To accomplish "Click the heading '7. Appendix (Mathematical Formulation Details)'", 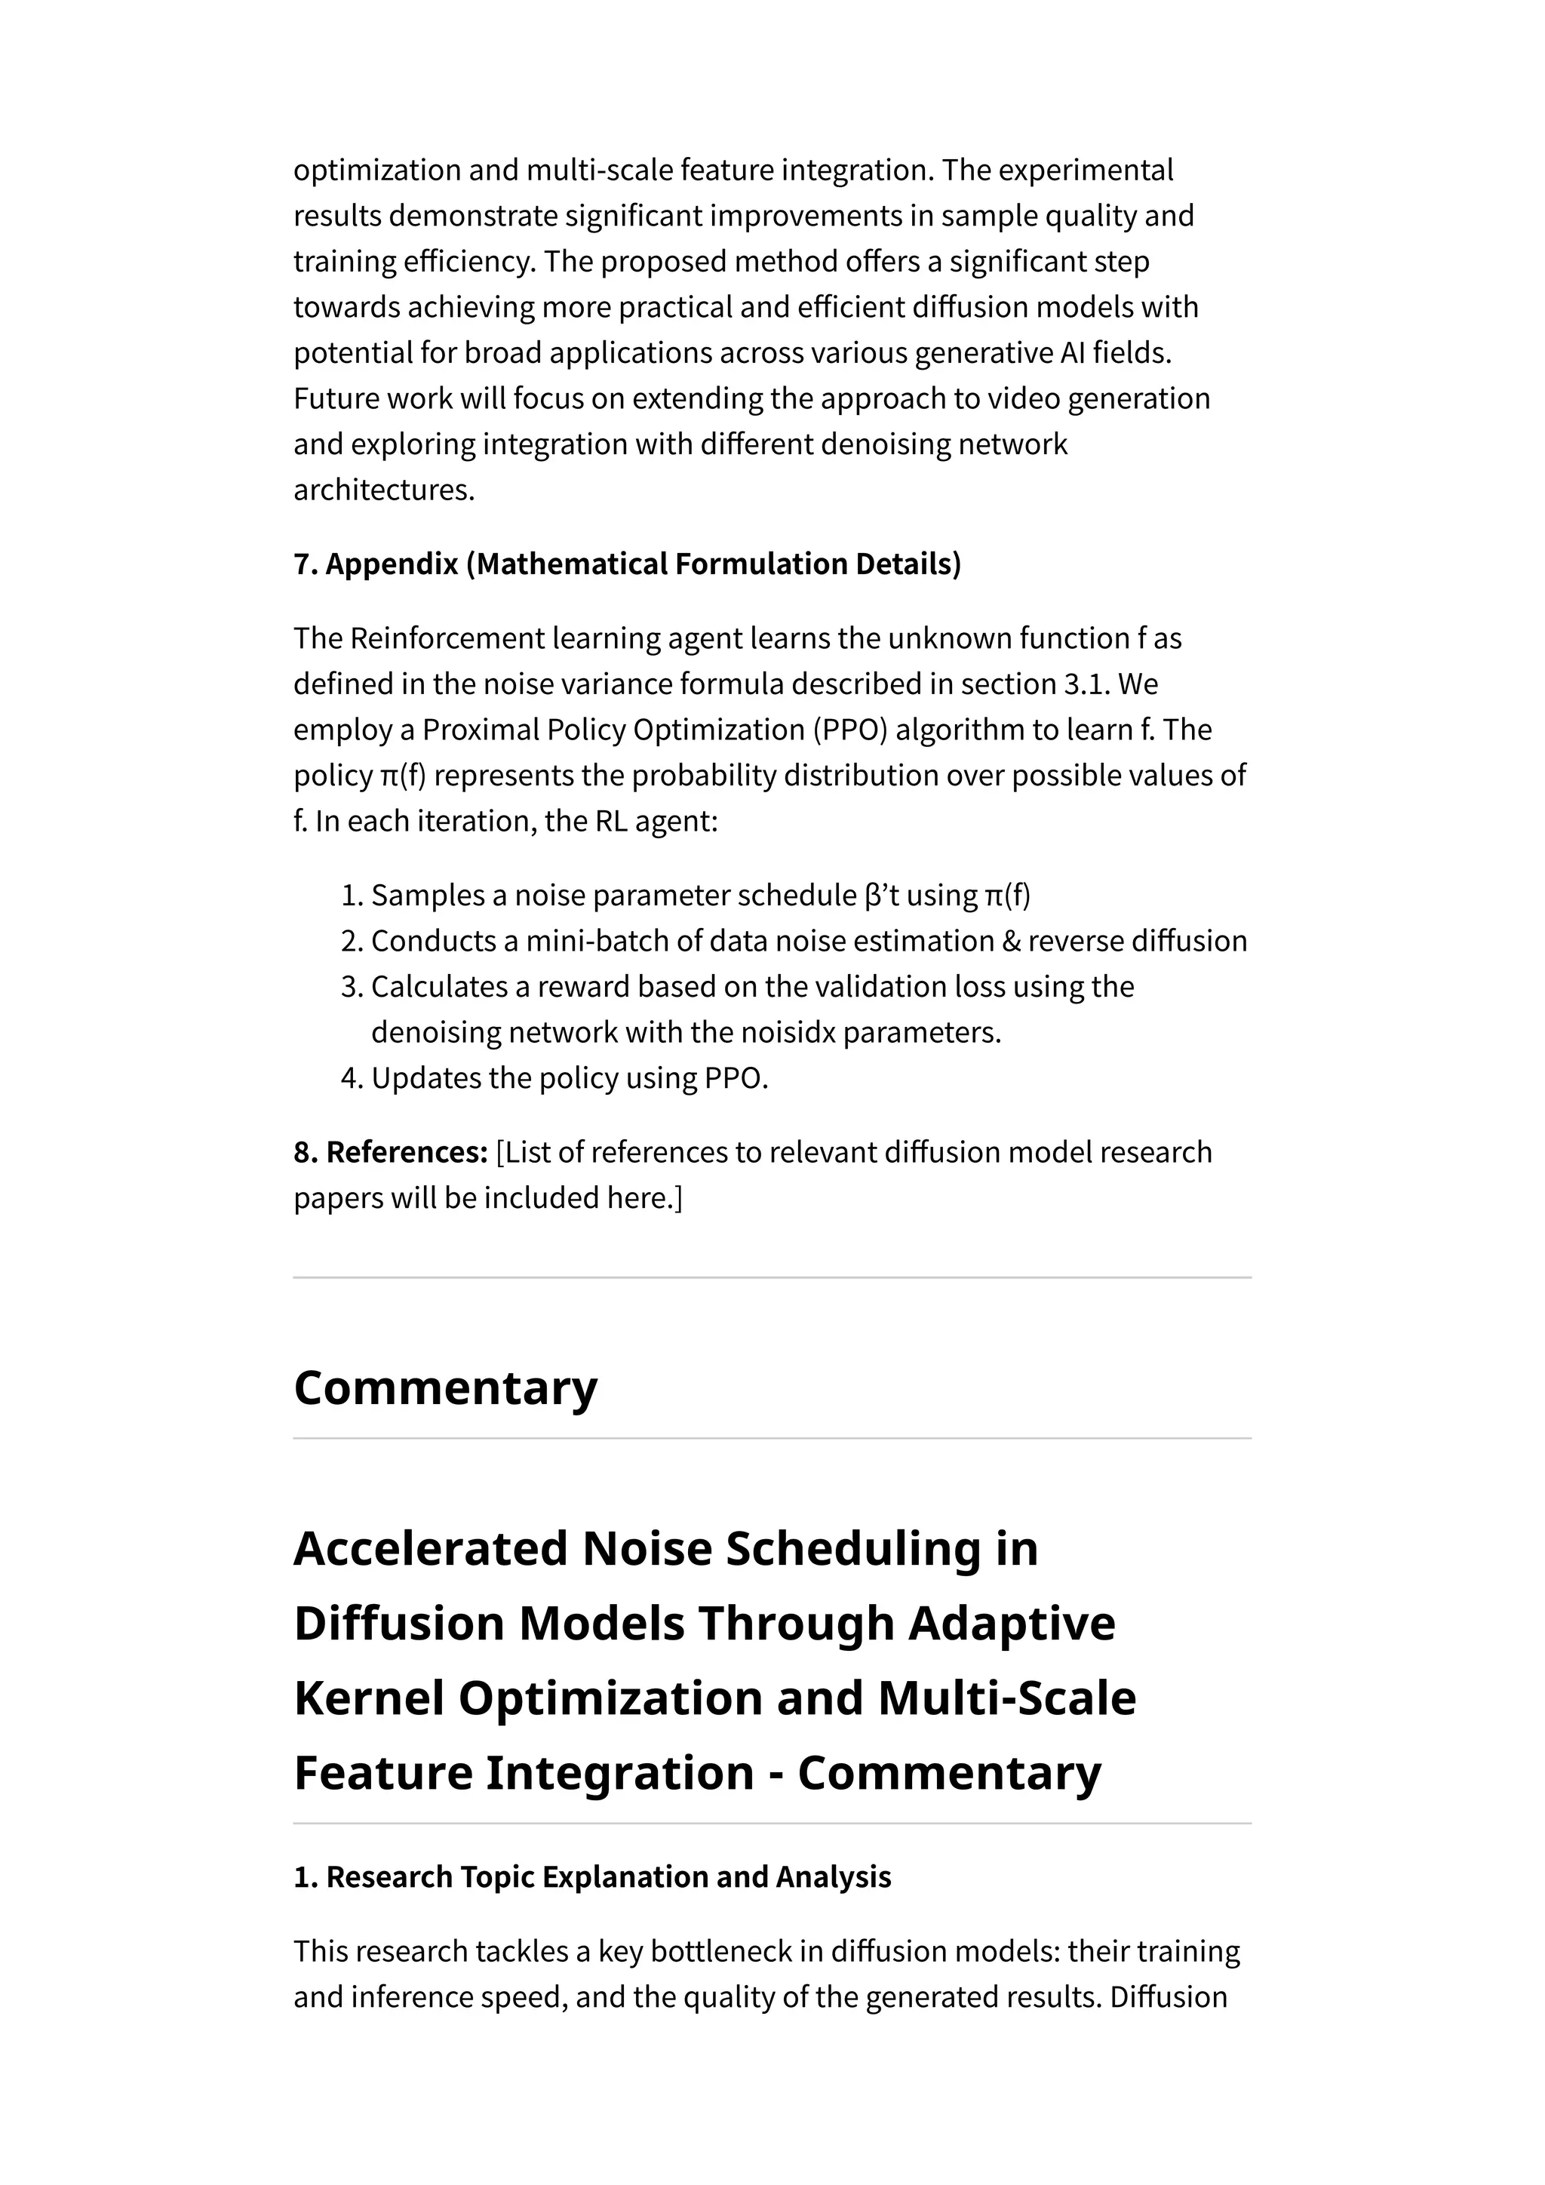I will pyautogui.click(x=627, y=564).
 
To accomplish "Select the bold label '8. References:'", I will pyautogui.click(x=390, y=1151).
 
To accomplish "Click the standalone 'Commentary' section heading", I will pyautogui.click(x=445, y=1388).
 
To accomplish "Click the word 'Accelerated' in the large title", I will pyautogui.click(x=430, y=1548).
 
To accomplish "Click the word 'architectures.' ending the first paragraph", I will pyautogui.click(x=383, y=490).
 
